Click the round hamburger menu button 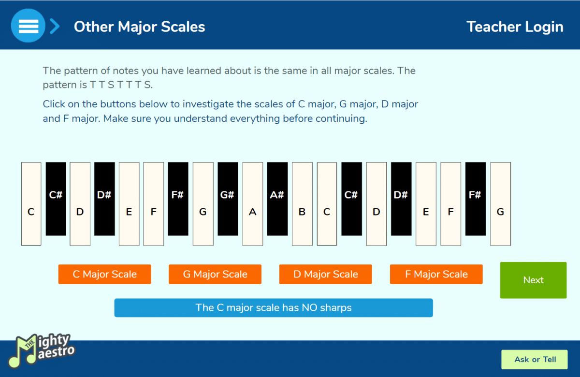[x=28, y=26]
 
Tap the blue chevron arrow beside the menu [x=55, y=26]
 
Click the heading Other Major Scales [x=139, y=27]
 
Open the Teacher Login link [x=515, y=27]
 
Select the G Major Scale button [x=215, y=274]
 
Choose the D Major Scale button [x=325, y=274]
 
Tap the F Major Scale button [x=436, y=274]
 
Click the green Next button [x=534, y=280]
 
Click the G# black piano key [x=228, y=199]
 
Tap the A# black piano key [x=277, y=199]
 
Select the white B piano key [x=302, y=204]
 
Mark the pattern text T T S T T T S [x=121, y=85]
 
